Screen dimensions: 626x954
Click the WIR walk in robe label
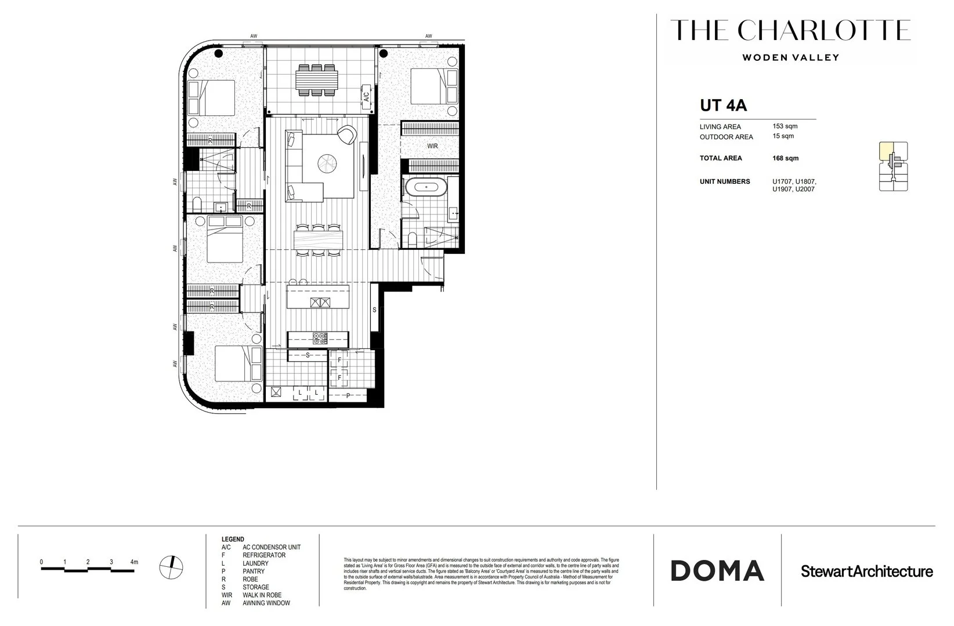(x=432, y=146)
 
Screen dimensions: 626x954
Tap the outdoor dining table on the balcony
(x=316, y=79)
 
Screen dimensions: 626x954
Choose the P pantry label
(x=348, y=396)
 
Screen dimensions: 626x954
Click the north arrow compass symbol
(x=172, y=565)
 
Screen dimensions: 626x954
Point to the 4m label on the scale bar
(x=134, y=562)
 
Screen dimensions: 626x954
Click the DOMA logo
(x=717, y=571)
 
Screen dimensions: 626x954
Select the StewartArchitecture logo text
(x=866, y=572)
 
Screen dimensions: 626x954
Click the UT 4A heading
(x=723, y=105)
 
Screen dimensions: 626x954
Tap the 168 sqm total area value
(x=785, y=158)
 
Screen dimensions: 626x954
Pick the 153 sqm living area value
(x=785, y=126)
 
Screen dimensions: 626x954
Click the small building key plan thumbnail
(x=893, y=166)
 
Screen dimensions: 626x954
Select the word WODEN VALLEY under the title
(x=790, y=57)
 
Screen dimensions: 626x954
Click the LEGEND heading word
(x=233, y=539)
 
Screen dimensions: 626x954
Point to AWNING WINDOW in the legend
(x=266, y=603)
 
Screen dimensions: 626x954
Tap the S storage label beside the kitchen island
(x=374, y=310)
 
